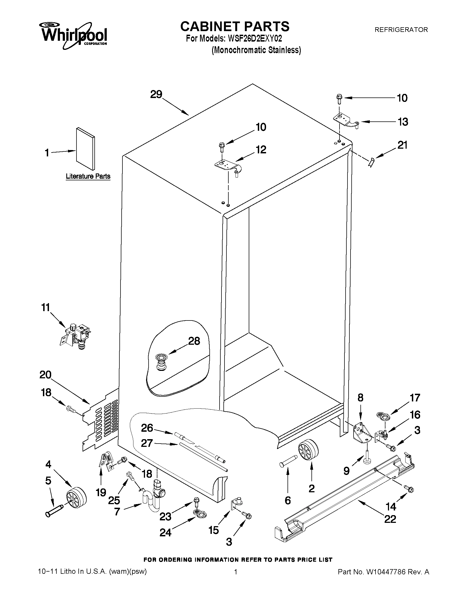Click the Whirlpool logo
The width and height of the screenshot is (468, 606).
74,36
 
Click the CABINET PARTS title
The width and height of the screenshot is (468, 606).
235,26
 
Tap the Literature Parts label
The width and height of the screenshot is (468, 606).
88,176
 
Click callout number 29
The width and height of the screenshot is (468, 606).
156,95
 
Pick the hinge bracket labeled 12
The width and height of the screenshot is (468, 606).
228,167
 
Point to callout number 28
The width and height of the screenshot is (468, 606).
194,341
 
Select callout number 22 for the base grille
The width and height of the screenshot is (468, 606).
390,519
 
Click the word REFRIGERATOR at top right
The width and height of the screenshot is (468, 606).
401,30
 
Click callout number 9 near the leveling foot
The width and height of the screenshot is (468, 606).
346,471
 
